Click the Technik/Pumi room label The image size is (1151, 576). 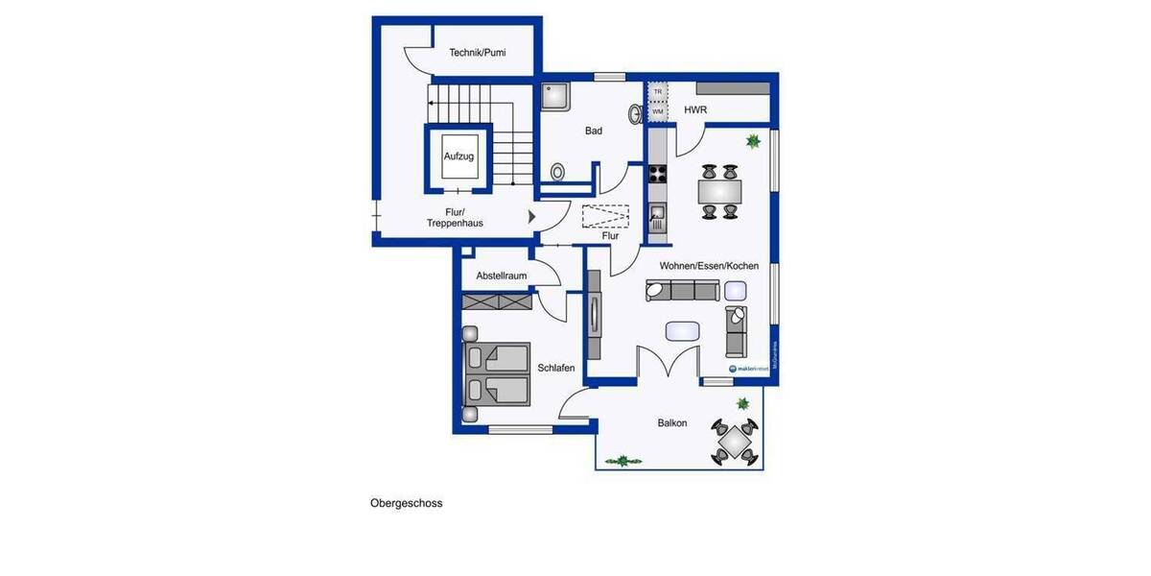(478, 53)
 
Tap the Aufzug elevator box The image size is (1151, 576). (458, 156)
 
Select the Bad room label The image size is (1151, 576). (594, 131)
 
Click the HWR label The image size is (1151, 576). (695, 110)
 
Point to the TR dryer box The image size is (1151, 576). (658, 92)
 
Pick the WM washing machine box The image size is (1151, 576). (658, 111)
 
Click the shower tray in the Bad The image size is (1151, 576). (555, 96)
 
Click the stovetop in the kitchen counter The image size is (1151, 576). (659, 174)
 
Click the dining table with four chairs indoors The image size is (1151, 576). (718, 192)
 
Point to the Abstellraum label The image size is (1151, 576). (502, 276)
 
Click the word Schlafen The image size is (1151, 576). (556, 368)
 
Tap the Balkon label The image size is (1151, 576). (671, 423)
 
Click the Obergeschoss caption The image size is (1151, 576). (407, 502)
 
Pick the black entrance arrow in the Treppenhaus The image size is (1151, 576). (532, 217)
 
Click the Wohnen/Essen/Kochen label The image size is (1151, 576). (709, 266)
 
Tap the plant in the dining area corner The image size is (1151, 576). (753, 142)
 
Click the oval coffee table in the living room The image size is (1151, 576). (683, 330)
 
